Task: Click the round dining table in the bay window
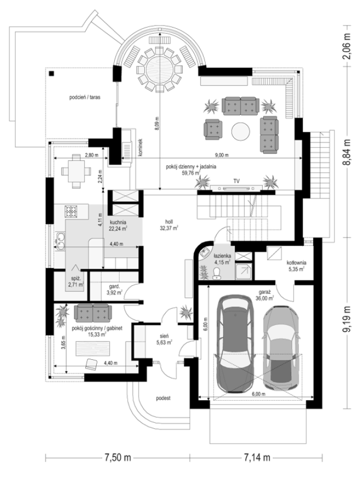point(159,69)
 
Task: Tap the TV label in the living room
point(237,181)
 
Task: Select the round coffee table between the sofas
point(241,132)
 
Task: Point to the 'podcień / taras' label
point(85,97)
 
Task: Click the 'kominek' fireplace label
point(140,148)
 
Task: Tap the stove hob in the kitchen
point(71,211)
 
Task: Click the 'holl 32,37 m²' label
point(169,225)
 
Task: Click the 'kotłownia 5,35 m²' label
point(296,266)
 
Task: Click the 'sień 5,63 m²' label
point(164,339)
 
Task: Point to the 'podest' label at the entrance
point(163,398)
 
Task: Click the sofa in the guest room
point(93,313)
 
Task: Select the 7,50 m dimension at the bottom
point(118,458)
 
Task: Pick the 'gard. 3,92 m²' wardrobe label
point(115,290)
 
